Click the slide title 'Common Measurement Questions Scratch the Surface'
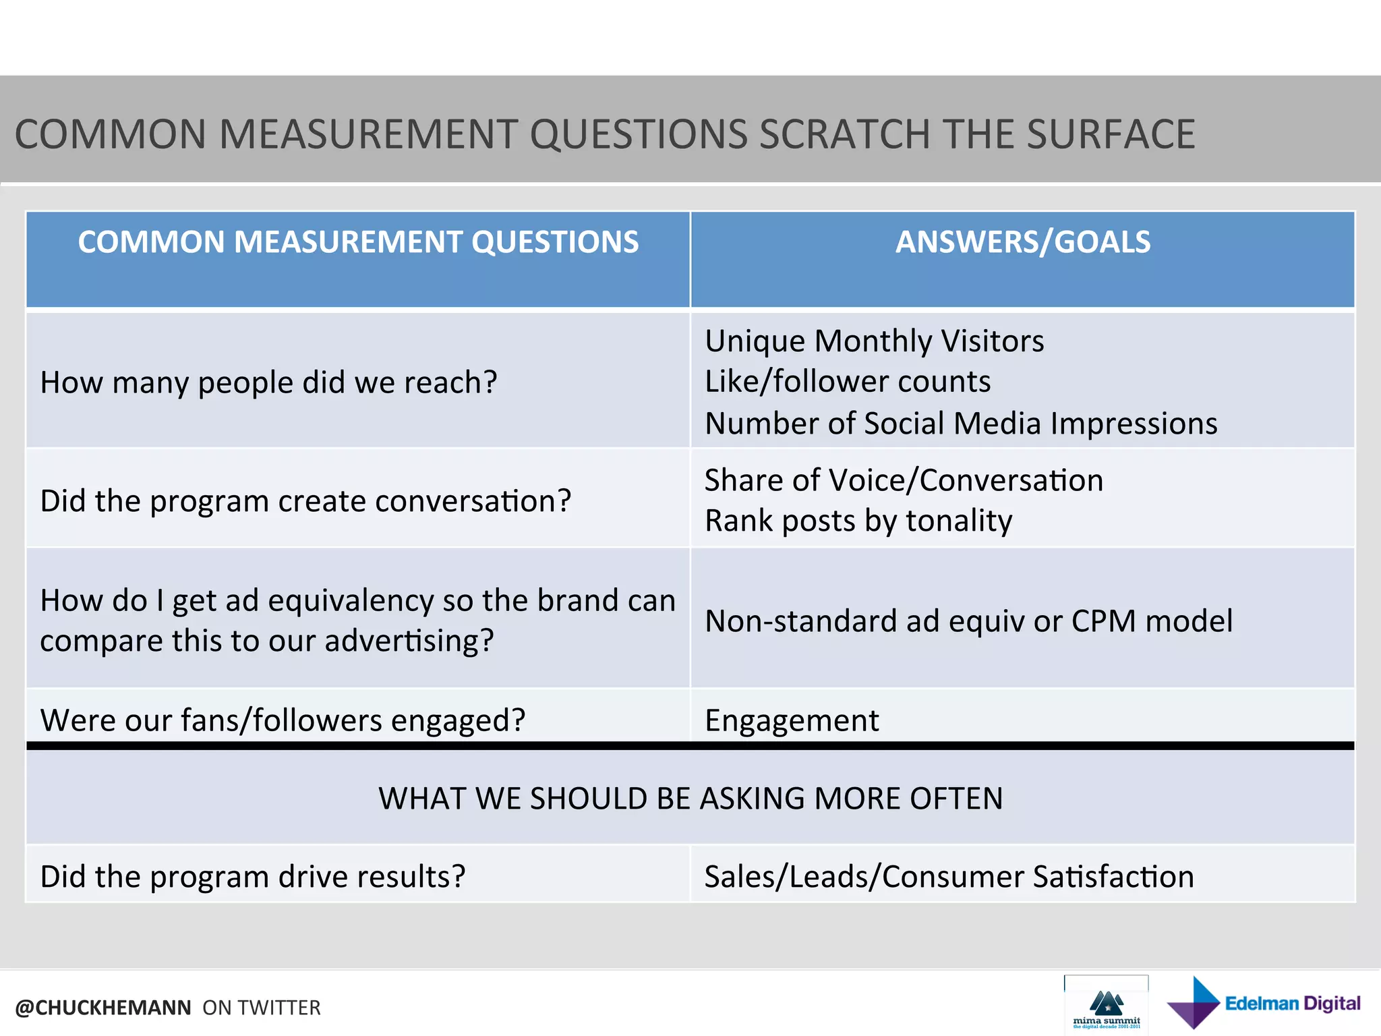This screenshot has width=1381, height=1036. coord(605,134)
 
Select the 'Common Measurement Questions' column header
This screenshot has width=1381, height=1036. coord(358,242)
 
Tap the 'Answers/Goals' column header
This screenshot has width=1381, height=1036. coord(1022,242)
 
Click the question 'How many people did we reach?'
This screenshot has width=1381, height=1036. coord(268,382)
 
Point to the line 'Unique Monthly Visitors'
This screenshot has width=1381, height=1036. coord(874,341)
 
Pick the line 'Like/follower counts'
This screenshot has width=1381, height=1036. coord(848,382)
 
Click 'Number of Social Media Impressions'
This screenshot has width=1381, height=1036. coord(961,424)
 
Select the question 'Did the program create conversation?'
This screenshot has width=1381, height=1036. coord(305,501)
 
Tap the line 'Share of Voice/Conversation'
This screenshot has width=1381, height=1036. coord(904,480)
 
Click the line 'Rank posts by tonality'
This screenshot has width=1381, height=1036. coord(858,521)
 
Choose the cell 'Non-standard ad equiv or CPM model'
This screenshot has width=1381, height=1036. coord(968,621)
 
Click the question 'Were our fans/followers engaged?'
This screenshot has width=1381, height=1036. coord(283,720)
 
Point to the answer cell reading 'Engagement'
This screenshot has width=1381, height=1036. coord(792,720)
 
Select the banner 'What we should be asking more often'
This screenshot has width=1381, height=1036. coord(690,799)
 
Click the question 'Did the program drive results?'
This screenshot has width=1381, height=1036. coord(253,877)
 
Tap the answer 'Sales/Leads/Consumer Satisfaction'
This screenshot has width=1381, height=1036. coord(949,877)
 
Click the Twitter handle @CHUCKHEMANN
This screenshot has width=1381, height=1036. coord(103,1008)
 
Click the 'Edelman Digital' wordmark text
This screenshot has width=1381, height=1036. coord(1292,1004)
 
